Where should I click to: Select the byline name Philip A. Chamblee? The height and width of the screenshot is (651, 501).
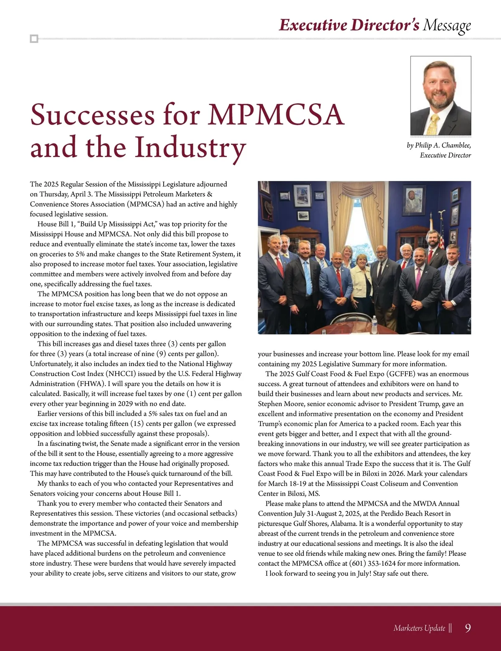click(443, 145)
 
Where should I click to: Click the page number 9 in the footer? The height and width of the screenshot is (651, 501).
click(468, 628)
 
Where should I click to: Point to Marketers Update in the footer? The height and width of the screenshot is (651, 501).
click(419, 628)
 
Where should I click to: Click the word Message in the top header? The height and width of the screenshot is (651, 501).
click(447, 25)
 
